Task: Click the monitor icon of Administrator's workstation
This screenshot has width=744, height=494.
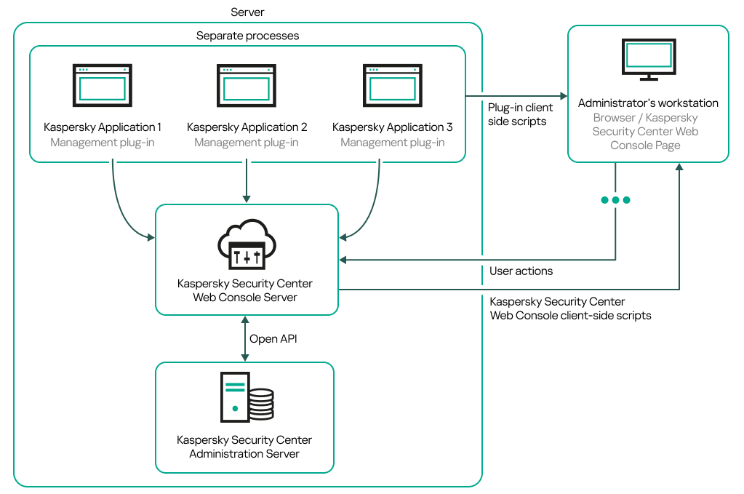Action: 648,59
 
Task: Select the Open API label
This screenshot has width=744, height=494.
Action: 273,339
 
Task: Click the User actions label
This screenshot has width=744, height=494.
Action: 521,271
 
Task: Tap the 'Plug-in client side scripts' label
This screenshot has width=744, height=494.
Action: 520,115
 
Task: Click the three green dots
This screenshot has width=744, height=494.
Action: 615,200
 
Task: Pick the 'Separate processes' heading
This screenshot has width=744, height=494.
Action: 247,36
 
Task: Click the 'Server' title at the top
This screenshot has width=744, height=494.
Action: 247,12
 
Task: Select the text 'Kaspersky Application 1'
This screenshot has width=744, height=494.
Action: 103,127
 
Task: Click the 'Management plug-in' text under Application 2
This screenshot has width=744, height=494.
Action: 247,143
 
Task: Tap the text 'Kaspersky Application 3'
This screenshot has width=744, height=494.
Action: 392,127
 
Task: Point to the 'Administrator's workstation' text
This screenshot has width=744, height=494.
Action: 648,103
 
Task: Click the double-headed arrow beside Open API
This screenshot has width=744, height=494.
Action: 245,339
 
